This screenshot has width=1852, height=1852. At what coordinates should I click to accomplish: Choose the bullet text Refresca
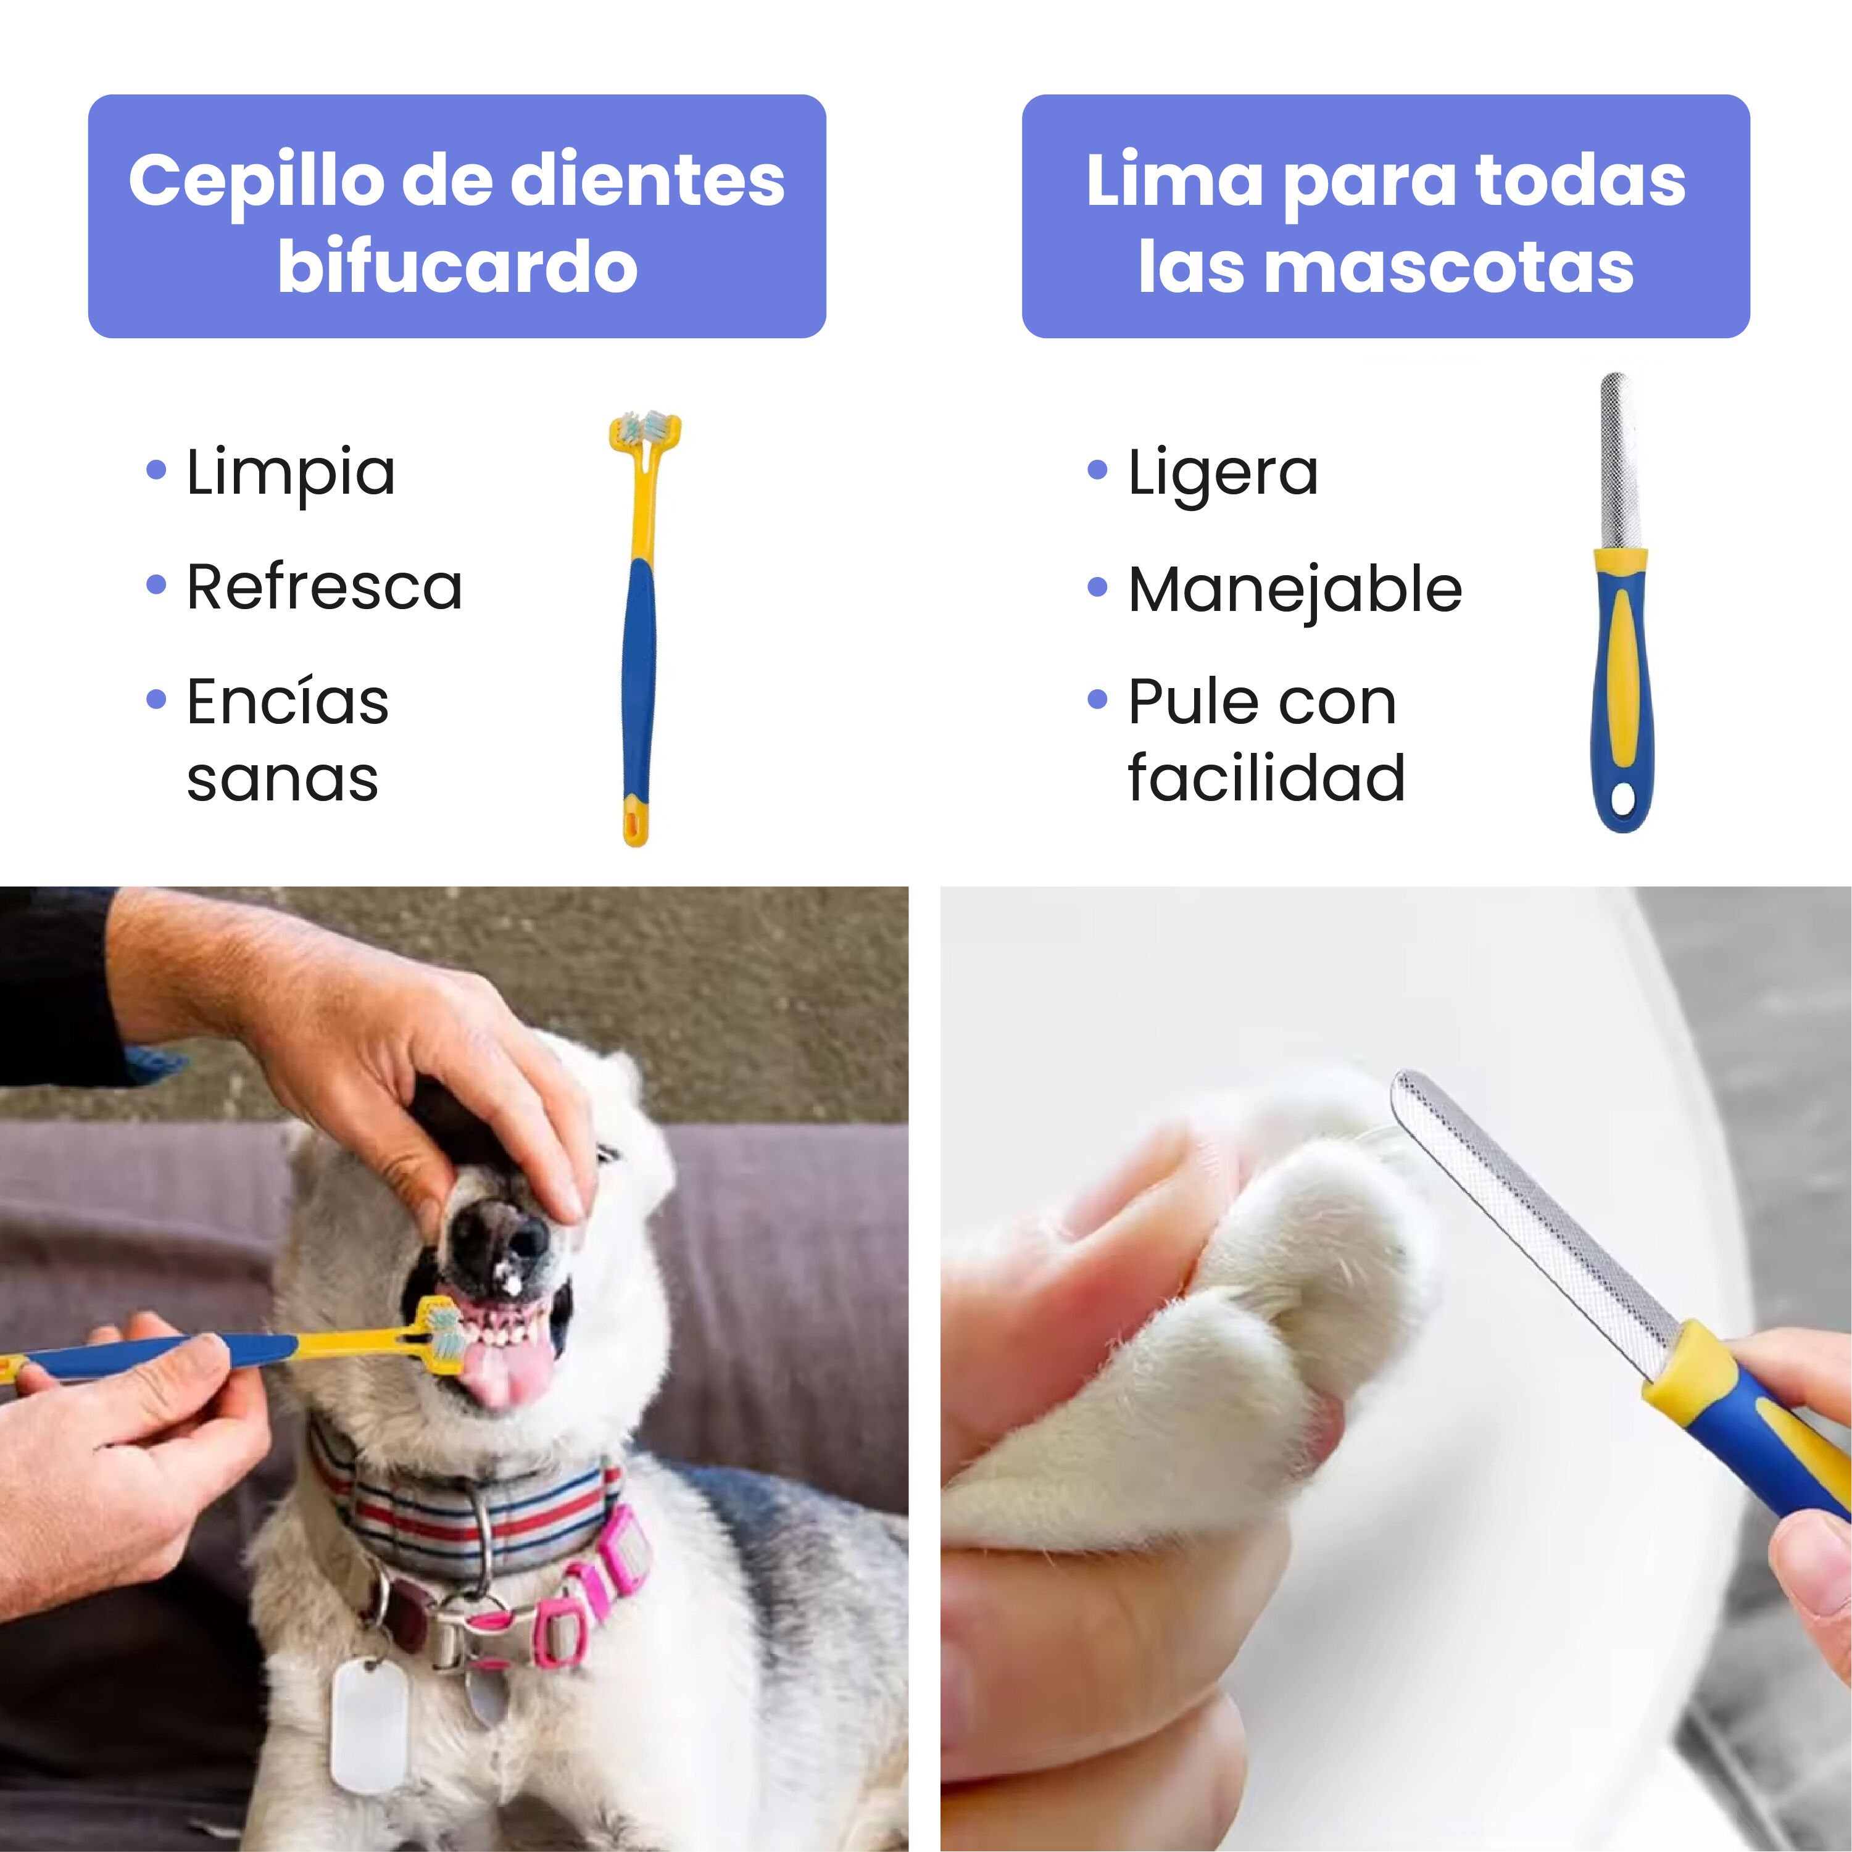coord(324,587)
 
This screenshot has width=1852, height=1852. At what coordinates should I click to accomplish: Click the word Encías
coord(288,702)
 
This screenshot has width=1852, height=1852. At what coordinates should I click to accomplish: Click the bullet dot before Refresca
coord(156,585)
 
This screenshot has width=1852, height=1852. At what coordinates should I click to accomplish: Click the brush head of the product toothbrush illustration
coord(644,428)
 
